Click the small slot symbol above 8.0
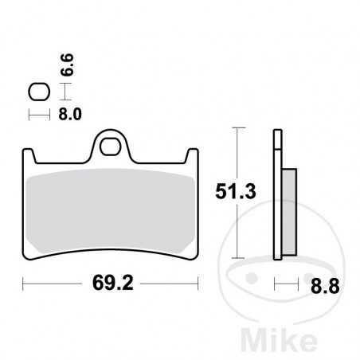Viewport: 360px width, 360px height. tap(37, 92)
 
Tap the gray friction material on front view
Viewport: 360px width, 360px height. tap(112, 211)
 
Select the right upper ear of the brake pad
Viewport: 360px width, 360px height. tap(191, 156)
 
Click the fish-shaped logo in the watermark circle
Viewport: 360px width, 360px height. tap(259, 282)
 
